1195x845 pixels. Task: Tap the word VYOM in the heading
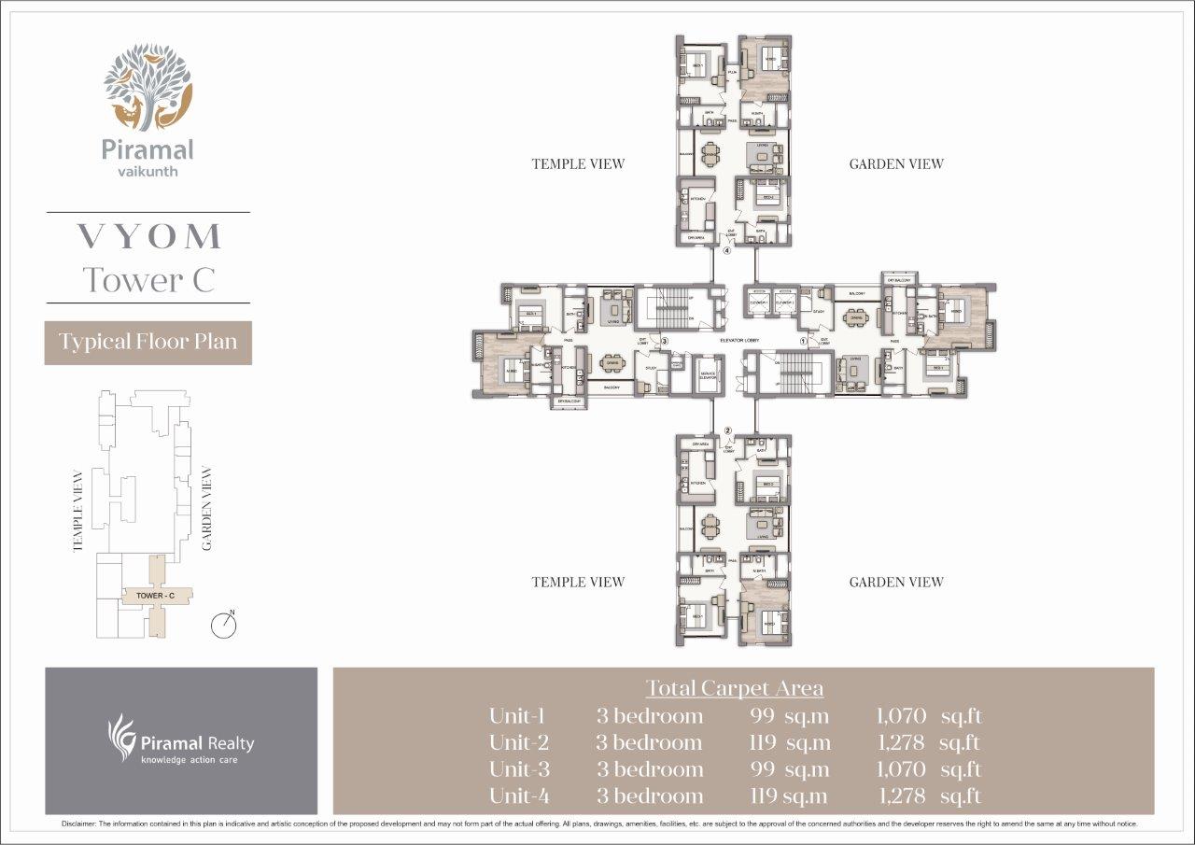coord(148,236)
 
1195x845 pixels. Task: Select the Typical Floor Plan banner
coord(148,342)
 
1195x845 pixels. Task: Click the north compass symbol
coord(224,625)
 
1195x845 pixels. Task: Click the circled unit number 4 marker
coord(728,250)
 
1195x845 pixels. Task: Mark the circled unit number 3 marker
coord(663,341)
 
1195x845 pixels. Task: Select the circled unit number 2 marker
coord(728,430)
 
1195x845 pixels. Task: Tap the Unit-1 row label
coord(516,716)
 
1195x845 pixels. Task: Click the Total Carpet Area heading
coord(736,688)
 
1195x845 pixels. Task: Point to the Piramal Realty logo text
coord(196,744)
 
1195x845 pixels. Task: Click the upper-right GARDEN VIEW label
coord(895,164)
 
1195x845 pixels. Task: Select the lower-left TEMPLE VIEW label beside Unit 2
coord(578,582)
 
